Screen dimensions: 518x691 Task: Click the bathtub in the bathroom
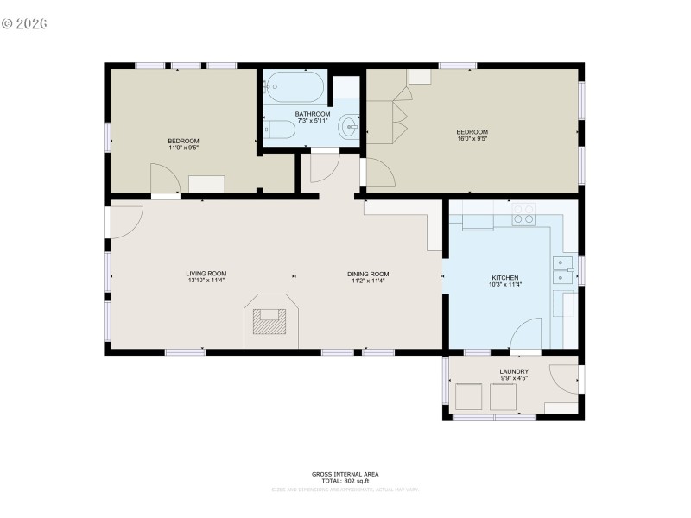coord(295,86)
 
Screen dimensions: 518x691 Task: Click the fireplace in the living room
coord(270,320)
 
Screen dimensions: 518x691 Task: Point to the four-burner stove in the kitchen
coord(523,214)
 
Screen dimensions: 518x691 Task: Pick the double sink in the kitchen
coord(565,270)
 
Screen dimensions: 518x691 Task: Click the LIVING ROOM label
coord(206,274)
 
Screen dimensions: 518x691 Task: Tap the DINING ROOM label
coord(369,274)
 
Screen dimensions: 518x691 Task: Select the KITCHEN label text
coord(505,278)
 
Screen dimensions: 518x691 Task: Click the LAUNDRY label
coord(513,371)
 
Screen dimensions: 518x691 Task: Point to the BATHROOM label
coord(312,114)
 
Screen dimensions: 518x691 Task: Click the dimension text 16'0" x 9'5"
coord(472,139)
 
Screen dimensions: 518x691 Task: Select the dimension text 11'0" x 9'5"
coord(183,148)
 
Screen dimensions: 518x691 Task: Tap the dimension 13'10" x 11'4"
coord(206,281)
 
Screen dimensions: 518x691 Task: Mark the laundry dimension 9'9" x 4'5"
coord(513,378)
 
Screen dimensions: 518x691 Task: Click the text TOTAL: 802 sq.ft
coord(345,480)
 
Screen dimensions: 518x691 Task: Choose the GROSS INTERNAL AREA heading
coord(345,474)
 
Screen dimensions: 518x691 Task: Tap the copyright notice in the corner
coord(24,23)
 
